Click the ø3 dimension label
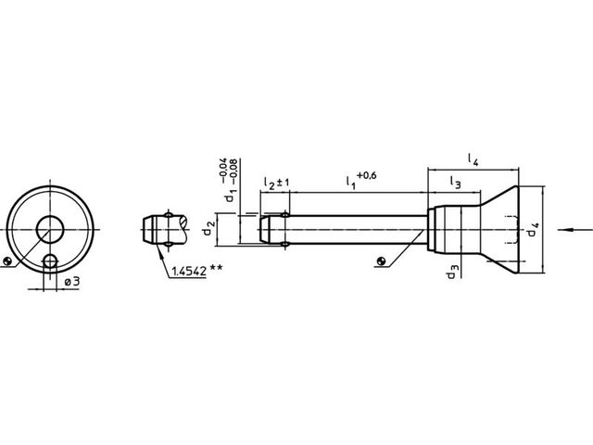(x=72, y=282)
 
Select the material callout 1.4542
(x=189, y=271)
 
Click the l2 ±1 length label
(x=276, y=184)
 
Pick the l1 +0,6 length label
(x=361, y=180)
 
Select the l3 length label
(x=455, y=183)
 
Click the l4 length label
(x=473, y=159)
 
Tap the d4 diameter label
(x=533, y=230)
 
